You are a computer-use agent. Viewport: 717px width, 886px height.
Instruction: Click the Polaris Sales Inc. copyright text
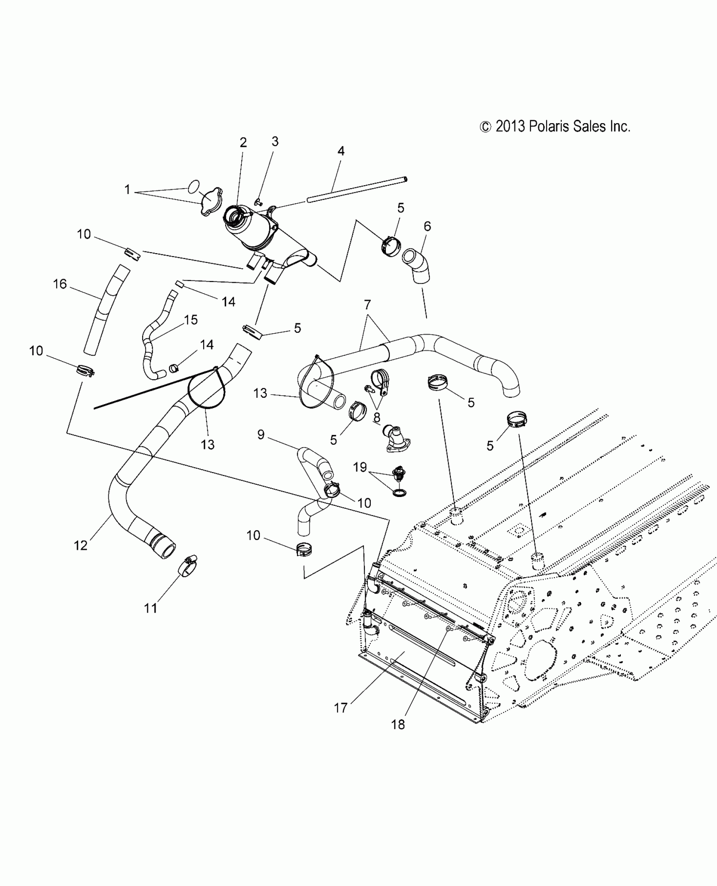click(555, 127)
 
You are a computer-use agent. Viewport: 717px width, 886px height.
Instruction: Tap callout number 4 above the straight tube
click(341, 151)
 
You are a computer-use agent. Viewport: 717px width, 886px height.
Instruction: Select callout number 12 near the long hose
click(81, 546)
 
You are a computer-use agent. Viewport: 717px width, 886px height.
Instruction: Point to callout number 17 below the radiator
click(340, 708)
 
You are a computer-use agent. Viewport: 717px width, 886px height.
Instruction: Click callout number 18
click(398, 724)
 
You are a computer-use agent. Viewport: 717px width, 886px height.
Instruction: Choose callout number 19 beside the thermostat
click(360, 467)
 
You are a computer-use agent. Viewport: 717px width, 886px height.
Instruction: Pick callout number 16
click(60, 284)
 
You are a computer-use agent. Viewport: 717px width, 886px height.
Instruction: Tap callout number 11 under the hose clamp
click(151, 608)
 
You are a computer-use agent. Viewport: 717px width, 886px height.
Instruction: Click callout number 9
click(261, 434)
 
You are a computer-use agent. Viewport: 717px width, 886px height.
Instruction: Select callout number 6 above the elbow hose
click(427, 226)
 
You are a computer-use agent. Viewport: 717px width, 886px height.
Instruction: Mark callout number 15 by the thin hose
click(191, 320)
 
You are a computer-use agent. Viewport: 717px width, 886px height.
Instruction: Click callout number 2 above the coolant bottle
click(243, 143)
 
